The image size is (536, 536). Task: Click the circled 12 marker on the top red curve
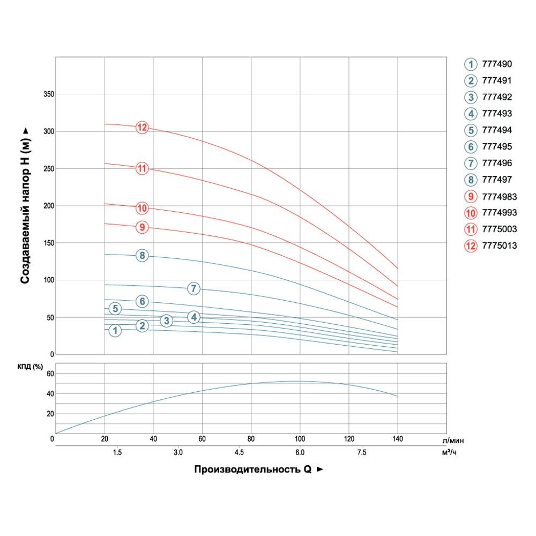(142, 128)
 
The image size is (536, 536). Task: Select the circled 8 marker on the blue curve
(142, 256)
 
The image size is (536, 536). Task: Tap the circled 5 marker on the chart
(115, 309)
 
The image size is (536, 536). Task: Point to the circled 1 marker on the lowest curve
(115, 331)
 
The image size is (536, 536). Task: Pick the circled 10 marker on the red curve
(142, 208)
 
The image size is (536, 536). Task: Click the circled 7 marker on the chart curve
(193, 288)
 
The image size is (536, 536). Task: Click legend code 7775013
(499, 246)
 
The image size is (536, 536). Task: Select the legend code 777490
(497, 64)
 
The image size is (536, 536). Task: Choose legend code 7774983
(499, 196)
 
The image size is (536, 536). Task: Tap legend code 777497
(497, 180)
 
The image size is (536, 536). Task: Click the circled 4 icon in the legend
(470, 114)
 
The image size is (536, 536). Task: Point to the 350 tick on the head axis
(48, 94)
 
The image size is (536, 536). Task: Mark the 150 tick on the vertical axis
(48, 243)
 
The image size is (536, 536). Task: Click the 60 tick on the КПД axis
(51, 374)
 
